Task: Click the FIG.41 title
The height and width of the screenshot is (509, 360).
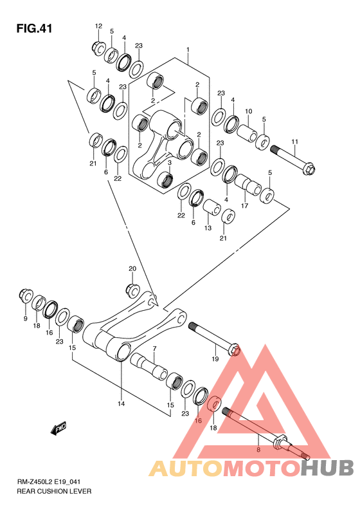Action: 34,28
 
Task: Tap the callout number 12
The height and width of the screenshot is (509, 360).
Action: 98,26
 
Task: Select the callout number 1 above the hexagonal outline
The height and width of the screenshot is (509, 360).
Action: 188,50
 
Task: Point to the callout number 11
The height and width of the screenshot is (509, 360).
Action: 294,142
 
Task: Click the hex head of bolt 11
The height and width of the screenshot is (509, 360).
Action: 310,169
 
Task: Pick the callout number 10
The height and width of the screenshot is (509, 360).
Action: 248,111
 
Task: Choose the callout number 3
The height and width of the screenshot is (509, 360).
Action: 169,162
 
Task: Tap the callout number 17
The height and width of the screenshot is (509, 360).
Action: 244,205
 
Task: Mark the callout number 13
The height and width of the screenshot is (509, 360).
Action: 208,228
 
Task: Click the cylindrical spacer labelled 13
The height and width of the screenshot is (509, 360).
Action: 212,207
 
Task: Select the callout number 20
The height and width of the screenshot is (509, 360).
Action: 132,269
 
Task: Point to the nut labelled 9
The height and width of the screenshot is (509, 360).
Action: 26,295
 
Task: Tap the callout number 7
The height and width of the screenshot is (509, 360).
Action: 155,349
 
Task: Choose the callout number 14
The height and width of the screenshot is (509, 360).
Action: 122,404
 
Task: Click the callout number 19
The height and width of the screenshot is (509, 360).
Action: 215,358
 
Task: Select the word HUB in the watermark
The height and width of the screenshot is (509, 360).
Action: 327,468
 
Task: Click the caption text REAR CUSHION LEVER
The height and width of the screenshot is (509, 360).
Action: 54,491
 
